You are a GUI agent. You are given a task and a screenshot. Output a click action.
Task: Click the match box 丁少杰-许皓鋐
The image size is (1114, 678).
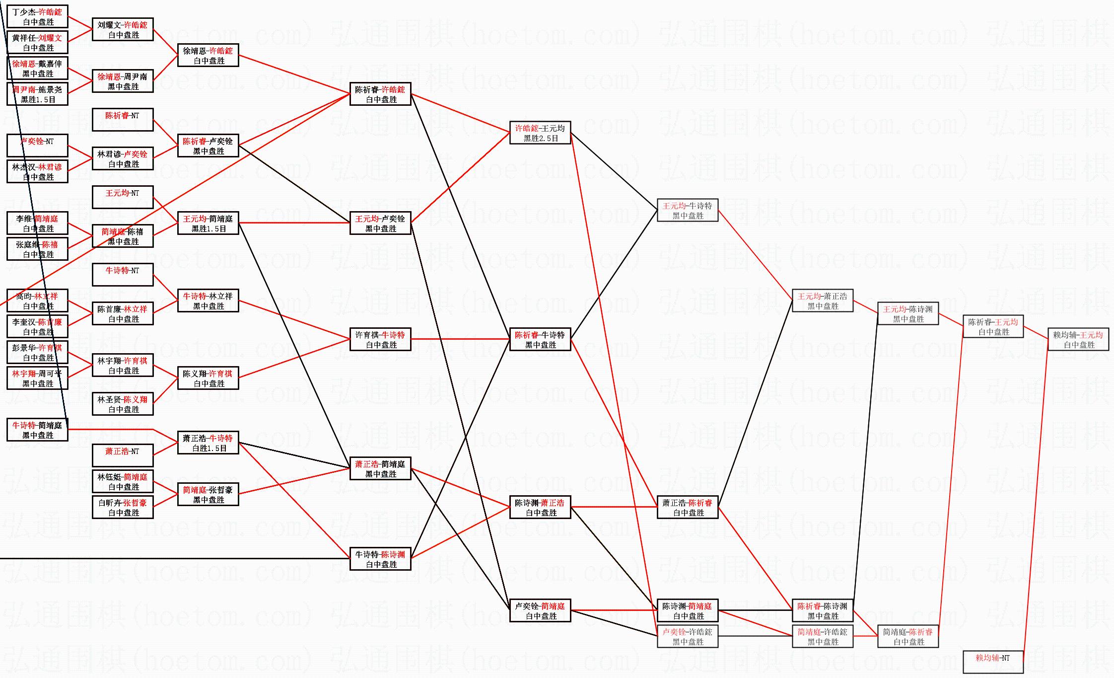(37, 17)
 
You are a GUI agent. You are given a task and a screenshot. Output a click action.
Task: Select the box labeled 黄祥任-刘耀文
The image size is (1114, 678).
(37, 43)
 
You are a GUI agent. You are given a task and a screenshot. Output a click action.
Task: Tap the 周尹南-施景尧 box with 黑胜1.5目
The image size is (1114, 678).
(37, 94)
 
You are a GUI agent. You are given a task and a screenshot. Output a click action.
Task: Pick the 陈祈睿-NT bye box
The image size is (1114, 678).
(123, 120)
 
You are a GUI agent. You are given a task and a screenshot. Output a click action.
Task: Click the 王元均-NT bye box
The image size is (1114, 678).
(123, 197)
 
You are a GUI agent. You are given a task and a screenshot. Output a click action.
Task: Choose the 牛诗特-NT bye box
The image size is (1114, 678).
(123, 275)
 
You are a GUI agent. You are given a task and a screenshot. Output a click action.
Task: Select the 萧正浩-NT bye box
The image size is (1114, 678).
(123, 455)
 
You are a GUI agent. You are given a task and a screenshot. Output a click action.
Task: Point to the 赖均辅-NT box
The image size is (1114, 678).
(993, 662)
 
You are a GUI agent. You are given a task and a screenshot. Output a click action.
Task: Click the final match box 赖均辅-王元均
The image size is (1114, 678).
(1078, 340)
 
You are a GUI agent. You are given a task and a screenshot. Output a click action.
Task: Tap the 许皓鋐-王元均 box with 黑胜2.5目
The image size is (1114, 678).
(540, 133)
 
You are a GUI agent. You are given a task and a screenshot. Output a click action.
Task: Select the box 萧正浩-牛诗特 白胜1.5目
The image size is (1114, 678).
(208, 443)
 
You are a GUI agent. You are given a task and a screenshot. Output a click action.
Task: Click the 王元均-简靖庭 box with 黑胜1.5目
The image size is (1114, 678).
(208, 224)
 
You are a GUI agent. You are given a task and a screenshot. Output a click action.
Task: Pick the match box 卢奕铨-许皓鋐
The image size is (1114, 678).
(688, 636)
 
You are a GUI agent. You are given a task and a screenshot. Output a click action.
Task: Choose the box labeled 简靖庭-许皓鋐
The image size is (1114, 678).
(823, 636)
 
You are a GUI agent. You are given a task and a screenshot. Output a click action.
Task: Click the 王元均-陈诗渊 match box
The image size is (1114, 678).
(908, 314)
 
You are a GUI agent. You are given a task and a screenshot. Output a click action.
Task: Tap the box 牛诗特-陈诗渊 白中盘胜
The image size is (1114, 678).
(380, 559)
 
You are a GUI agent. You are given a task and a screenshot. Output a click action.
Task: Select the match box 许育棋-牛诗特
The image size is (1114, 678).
(380, 340)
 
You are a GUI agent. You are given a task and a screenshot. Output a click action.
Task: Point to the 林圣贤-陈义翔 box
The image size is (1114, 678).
(123, 404)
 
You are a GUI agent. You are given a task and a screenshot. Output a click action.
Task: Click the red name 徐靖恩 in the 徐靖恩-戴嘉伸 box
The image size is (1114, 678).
(23, 64)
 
